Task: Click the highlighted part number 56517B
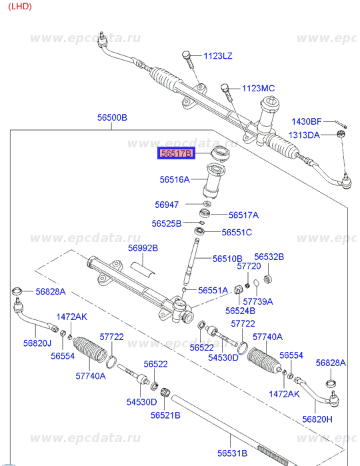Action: (176, 153)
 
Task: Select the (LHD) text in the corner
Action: (20, 6)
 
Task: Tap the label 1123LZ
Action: (218, 56)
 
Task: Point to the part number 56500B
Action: (112, 117)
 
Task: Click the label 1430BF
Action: (307, 121)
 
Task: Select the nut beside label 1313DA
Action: (341, 133)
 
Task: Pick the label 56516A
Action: (175, 179)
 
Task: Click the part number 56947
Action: (167, 205)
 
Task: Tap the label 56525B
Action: (167, 223)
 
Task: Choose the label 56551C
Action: (237, 232)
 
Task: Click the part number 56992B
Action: (143, 248)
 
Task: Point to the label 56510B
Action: (227, 259)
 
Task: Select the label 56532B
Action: (269, 257)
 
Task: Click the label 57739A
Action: (258, 301)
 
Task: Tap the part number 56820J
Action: (37, 343)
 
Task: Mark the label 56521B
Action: (165, 415)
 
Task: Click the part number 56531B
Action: (232, 453)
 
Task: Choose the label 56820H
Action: (317, 419)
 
